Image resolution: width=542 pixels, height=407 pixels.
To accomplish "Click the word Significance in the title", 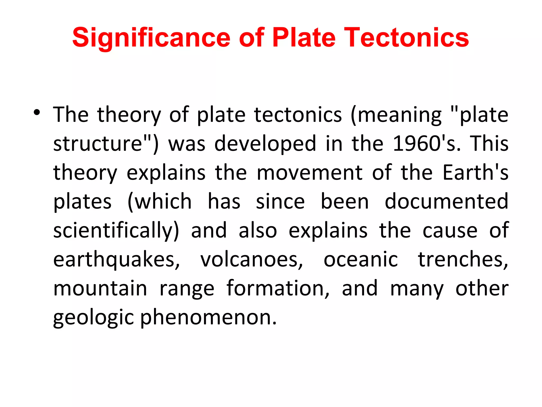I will click(151, 38).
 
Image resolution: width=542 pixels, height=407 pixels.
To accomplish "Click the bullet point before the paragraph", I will click(37, 112).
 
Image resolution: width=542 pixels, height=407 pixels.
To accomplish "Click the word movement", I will click(309, 173).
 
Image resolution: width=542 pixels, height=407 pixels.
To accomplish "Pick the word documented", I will click(446, 201).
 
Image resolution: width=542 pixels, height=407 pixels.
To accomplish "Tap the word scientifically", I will click(116, 230).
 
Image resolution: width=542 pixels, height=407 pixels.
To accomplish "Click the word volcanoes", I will click(251, 260).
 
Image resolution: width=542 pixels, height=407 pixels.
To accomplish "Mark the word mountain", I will click(100, 288).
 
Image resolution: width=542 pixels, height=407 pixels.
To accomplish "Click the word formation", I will click(278, 288).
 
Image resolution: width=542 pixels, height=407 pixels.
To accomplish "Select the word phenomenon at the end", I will click(208, 317).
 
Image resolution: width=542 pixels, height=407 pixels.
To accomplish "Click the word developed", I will click(265, 144).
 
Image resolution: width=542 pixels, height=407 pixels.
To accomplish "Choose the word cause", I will click(450, 230).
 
